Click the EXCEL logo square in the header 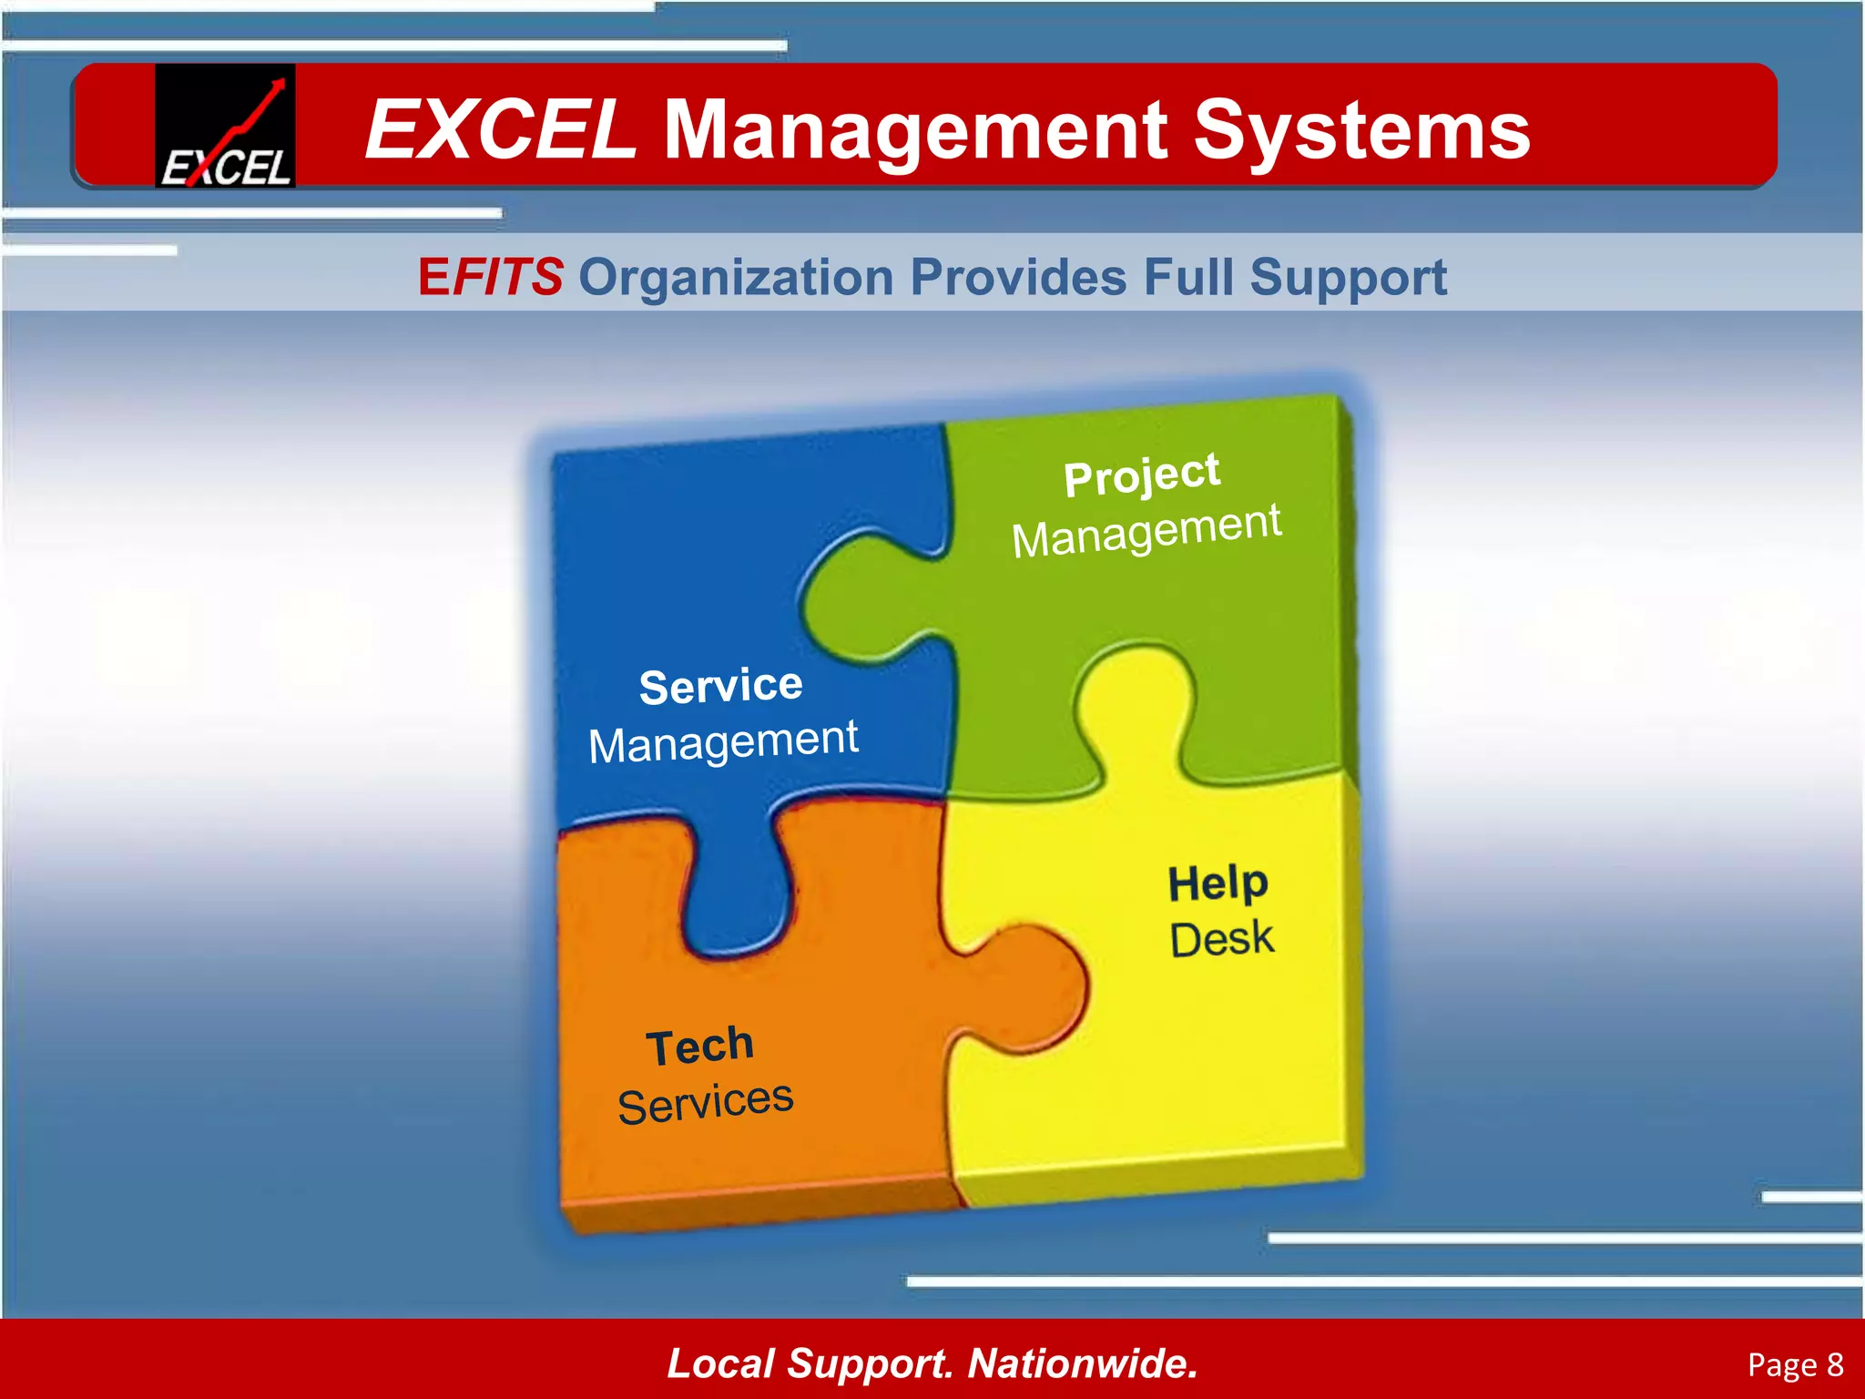click(225, 126)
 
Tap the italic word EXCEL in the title click(500, 131)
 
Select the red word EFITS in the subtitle click(490, 277)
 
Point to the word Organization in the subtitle click(736, 277)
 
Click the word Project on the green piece click(1141, 475)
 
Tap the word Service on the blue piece click(720, 686)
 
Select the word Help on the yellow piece click(1218, 883)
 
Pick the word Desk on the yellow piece click(1221, 939)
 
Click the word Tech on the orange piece click(699, 1047)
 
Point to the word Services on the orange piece click(705, 1103)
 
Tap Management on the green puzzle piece click(1147, 531)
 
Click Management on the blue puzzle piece click(723, 742)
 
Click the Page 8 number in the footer click(1795, 1364)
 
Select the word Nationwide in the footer click(1082, 1363)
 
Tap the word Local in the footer click(720, 1363)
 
